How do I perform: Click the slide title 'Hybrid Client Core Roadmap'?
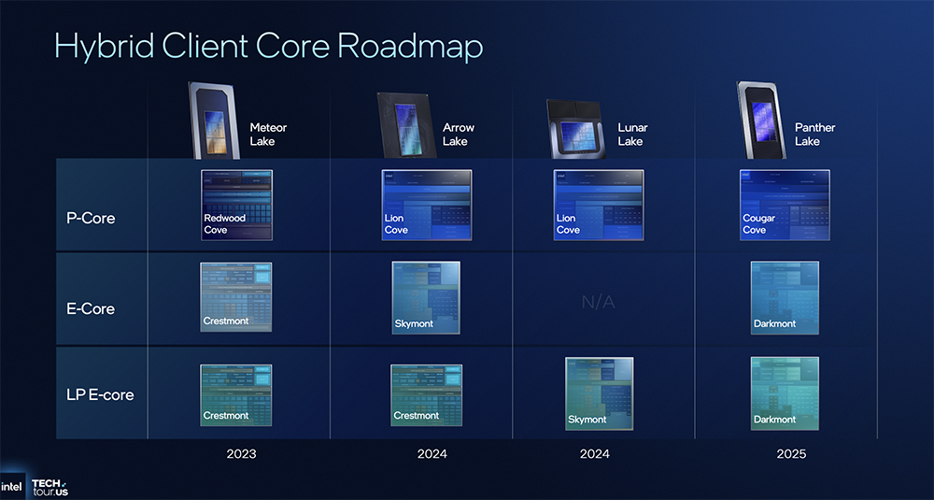pyautogui.click(x=269, y=46)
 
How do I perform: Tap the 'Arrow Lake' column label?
pyautogui.click(x=459, y=134)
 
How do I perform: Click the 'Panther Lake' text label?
pyautogui.click(x=814, y=134)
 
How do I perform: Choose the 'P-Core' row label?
pyautogui.click(x=91, y=218)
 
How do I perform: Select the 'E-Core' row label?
pyautogui.click(x=92, y=308)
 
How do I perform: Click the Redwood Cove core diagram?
pyautogui.click(x=236, y=205)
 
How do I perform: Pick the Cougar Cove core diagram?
pyautogui.click(x=785, y=205)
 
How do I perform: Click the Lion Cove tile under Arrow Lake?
pyautogui.click(x=426, y=205)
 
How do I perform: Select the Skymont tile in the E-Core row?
pyautogui.click(x=426, y=298)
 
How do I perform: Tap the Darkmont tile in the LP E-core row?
pyautogui.click(x=785, y=393)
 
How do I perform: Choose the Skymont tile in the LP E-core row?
pyautogui.click(x=599, y=393)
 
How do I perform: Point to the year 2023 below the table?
pyautogui.click(x=241, y=454)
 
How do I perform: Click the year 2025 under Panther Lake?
pyautogui.click(x=790, y=454)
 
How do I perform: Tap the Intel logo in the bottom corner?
pyautogui.click(x=12, y=487)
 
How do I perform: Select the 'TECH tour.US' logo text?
pyautogui.click(x=50, y=487)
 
